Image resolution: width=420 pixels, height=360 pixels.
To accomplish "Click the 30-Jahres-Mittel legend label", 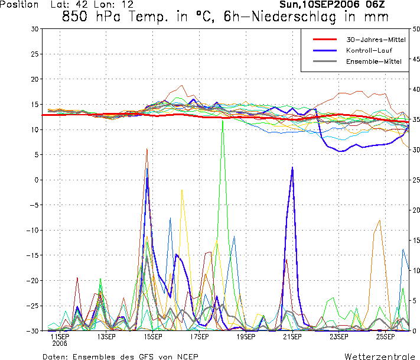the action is pos(376,40).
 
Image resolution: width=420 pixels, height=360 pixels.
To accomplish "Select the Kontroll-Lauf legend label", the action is pos(369,50).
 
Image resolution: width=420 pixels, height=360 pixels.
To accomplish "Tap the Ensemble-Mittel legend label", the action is pos(374,61).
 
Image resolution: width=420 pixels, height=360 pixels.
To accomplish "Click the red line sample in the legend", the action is pos(325,40).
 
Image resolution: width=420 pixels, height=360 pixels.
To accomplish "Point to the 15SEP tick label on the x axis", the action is pos(152,337).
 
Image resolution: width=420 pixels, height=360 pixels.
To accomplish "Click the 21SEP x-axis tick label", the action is pos(292,337).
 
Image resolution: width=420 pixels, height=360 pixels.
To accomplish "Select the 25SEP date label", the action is pos(385,337).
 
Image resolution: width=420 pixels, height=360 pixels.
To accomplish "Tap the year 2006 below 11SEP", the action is pos(60,343).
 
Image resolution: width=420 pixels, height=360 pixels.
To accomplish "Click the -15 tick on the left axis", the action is pos(32,255).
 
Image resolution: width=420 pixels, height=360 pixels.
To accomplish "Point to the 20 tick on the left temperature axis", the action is pos(35,79).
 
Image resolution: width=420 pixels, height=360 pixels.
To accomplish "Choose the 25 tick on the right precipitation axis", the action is pos(416,180).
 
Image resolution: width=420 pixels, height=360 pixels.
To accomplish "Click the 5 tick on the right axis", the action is pos(414,301).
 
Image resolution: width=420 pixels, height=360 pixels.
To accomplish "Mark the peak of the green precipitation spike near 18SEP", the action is pos(223,121).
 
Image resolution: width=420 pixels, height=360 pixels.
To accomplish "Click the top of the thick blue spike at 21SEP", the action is pos(292,167).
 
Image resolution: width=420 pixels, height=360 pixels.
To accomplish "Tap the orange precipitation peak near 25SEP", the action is pos(380,220).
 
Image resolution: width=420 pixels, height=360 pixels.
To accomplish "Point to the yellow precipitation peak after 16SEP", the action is pos(182,190).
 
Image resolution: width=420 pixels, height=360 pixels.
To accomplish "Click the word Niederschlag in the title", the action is pos(294,17).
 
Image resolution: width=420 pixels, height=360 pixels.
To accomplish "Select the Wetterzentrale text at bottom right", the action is pos(380,356).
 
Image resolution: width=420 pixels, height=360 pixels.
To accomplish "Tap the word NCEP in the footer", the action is pos(187,357).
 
